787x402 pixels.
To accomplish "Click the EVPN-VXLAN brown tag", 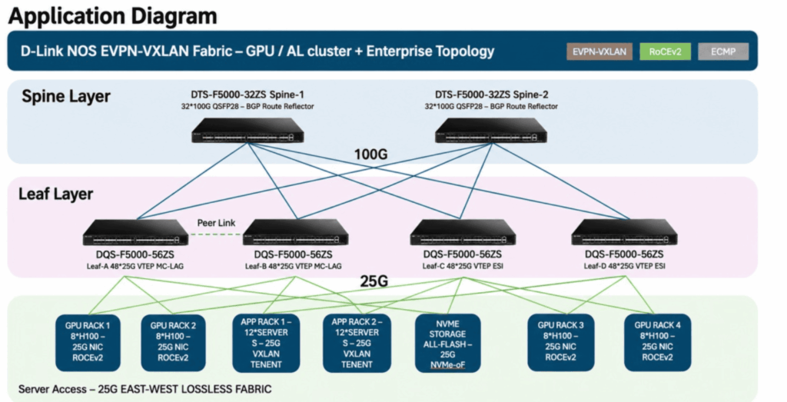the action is click(599, 51).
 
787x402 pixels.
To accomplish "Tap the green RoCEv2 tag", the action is click(665, 51).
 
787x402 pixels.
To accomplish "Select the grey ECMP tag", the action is click(723, 51).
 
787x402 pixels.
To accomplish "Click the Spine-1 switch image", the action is click(248, 131).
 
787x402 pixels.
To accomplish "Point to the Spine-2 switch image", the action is click(491, 131).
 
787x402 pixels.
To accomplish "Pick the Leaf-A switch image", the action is click(135, 233).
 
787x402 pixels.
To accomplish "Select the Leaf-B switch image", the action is click(296, 233).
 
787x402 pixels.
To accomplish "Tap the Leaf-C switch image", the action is click(463, 233).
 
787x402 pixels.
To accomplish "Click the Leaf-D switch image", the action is click(624, 233).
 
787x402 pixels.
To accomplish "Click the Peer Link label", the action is click(216, 223).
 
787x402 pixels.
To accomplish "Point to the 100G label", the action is click(371, 154).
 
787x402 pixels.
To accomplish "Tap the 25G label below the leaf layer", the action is click(374, 281).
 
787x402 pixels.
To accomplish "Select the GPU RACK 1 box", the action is click(88, 343).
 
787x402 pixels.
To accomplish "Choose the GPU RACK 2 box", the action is click(173, 343).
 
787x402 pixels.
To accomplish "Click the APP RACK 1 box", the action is click(267, 343).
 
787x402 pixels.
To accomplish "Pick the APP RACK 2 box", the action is click(357, 343).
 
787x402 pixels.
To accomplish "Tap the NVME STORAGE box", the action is click(448, 343).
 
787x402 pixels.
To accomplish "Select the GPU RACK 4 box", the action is click(658, 343).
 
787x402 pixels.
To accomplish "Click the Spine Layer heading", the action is click(66, 96).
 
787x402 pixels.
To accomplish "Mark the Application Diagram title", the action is click(113, 16).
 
